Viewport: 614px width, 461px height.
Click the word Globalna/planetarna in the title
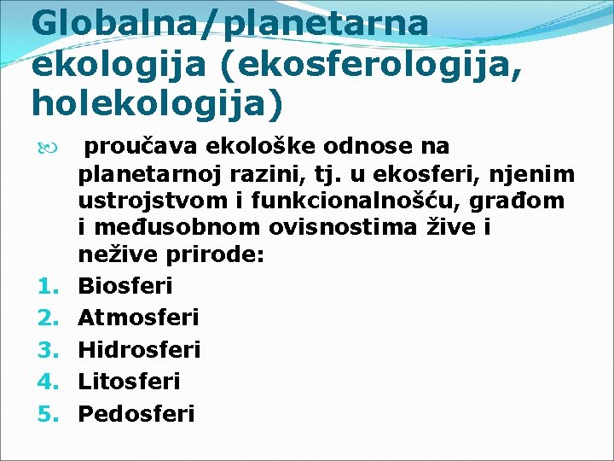229,23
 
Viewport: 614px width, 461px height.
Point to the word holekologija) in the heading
156,102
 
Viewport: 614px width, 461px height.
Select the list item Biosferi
125,284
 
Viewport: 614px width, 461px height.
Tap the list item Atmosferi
138,318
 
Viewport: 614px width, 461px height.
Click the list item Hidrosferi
139,350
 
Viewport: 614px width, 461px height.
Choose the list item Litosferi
129,382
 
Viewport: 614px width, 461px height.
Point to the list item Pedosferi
136,414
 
